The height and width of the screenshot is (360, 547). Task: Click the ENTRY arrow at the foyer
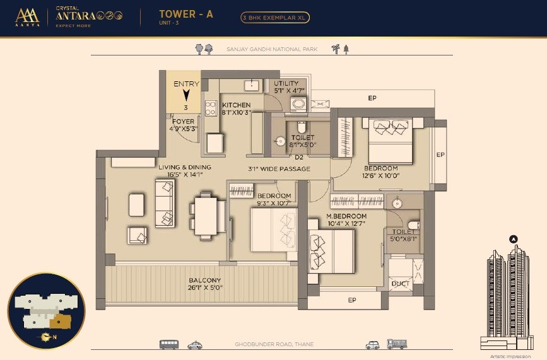pyautogui.click(x=186, y=95)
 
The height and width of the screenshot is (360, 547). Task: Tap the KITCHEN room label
pyautogui.click(x=236, y=105)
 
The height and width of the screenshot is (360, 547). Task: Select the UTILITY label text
pyautogui.click(x=286, y=83)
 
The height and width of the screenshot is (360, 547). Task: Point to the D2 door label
pyautogui.click(x=299, y=158)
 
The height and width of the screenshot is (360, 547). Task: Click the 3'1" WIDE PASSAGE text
pyautogui.click(x=279, y=169)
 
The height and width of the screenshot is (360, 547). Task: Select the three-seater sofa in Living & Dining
pyautogui.click(x=165, y=203)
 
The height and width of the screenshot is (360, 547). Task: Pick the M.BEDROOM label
pyautogui.click(x=346, y=216)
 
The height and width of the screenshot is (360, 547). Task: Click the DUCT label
pyautogui.click(x=400, y=284)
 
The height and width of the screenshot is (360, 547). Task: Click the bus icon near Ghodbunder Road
pyautogui.click(x=168, y=345)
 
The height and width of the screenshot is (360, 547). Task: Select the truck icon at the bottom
pyautogui.click(x=397, y=345)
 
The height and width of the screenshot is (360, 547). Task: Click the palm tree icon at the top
pyautogui.click(x=335, y=49)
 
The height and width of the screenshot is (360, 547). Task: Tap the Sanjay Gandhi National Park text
pyautogui.click(x=272, y=49)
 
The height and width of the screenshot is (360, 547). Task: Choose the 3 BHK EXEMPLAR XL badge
pyautogui.click(x=275, y=18)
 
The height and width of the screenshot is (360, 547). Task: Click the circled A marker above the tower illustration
pyautogui.click(x=513, y=239)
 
